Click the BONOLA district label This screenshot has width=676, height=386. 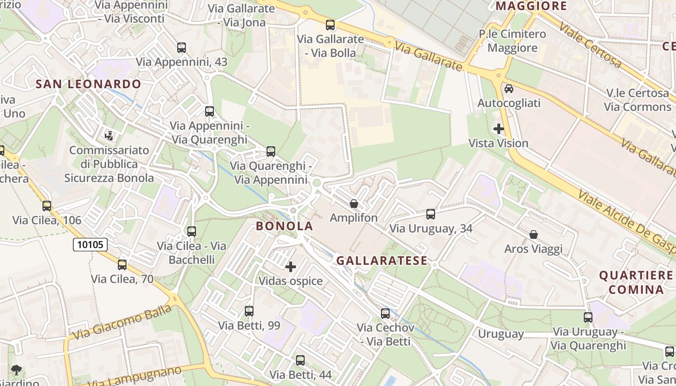[284, 226]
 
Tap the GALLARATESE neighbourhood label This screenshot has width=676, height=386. [381, 261]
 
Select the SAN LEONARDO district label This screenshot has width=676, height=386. [88, 84]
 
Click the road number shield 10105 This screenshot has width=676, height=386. [90, 245]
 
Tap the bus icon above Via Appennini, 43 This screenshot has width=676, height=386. [182, 48]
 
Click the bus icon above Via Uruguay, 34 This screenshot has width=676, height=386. [431, 214]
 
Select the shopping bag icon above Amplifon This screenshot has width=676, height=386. [354, 204]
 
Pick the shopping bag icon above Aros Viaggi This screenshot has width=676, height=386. [534, 235]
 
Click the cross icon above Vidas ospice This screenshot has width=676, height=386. [291, 267]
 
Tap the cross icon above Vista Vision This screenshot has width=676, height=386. [499, 129]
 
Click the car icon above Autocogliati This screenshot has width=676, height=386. [509, 89]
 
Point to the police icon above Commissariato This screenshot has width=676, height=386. [109, 136]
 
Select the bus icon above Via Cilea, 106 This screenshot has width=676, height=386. [47, 206]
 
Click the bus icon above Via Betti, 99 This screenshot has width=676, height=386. [249, 311]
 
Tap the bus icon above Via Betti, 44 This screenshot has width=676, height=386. [300, 360]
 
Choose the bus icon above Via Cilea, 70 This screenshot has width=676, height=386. [122, 264]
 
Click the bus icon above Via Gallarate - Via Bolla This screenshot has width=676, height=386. [330, 25]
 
